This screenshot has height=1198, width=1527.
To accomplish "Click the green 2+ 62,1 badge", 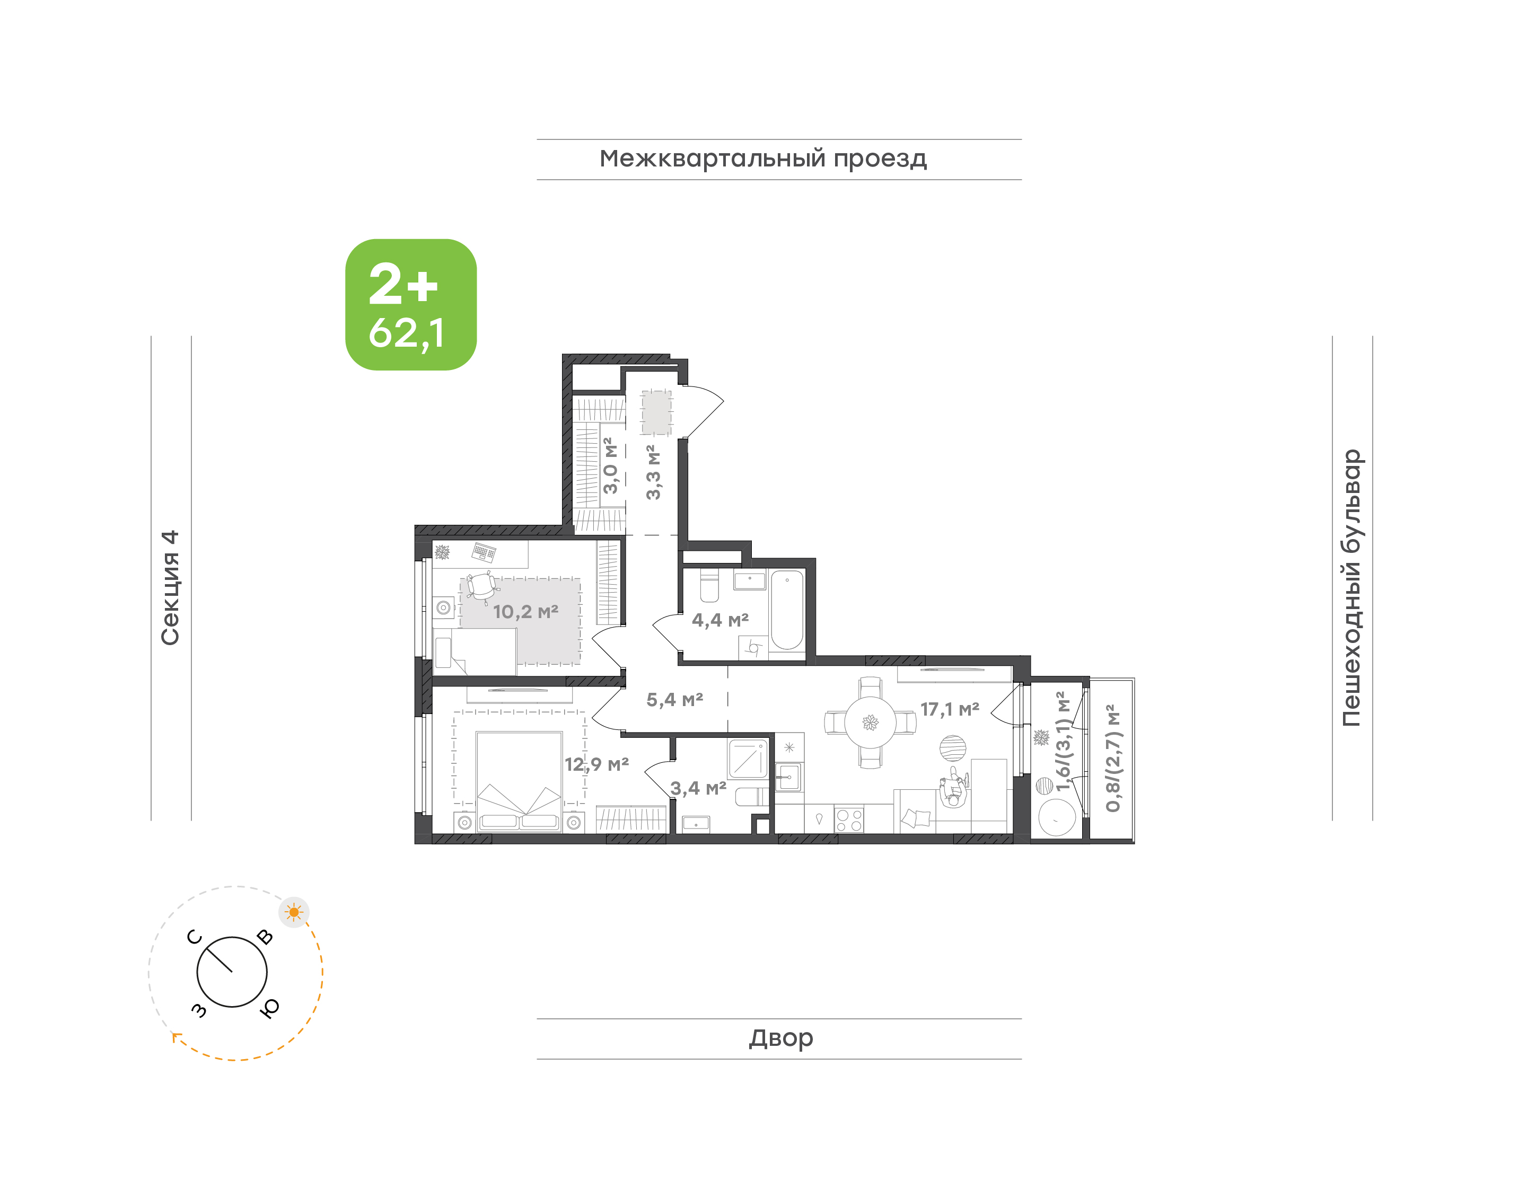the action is (x=410, y=304).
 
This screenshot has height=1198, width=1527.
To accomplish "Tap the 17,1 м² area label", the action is (x=950, y=710).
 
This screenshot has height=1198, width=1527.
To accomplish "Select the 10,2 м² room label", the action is (x=525, y=612).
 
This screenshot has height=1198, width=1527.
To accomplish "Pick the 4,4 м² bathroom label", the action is (x=721, y=620).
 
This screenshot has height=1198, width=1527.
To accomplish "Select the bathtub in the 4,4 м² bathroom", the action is (x=787, y=610).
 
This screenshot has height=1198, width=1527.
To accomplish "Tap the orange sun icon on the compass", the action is (x=294, y=912).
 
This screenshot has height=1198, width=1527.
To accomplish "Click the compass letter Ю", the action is (x=269, y=1008).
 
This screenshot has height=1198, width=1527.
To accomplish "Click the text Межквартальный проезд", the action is (x=763, y=159).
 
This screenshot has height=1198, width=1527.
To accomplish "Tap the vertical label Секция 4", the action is (x=170, y=588).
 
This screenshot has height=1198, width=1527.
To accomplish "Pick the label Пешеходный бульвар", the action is (x=1352, y=588).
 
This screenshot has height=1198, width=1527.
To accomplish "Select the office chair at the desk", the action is (x=482, y=588).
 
